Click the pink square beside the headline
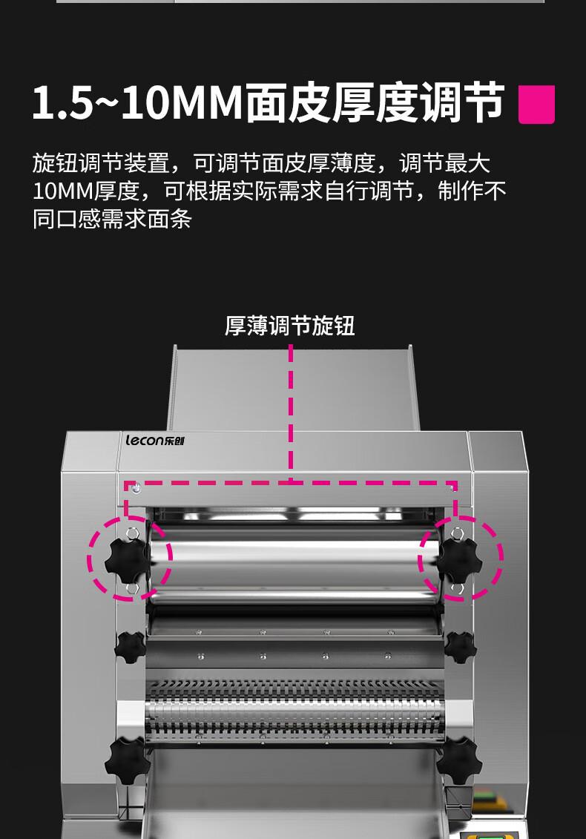[x=536, y=105]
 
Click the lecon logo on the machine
[x=155, y=441]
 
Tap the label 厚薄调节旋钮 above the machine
[x=289, y=326]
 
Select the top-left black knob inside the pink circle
[x=126, y=560]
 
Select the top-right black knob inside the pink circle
[x=459, y=560]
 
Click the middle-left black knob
[x=130, y=647]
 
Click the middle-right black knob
[x=460, y=647]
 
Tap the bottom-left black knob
[x=127, y=761]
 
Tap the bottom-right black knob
[x=458, y=761]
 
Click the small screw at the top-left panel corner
[x=136, y=487]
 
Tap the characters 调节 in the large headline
[x=461, y=102]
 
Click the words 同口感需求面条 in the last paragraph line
[x=112, y=219]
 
